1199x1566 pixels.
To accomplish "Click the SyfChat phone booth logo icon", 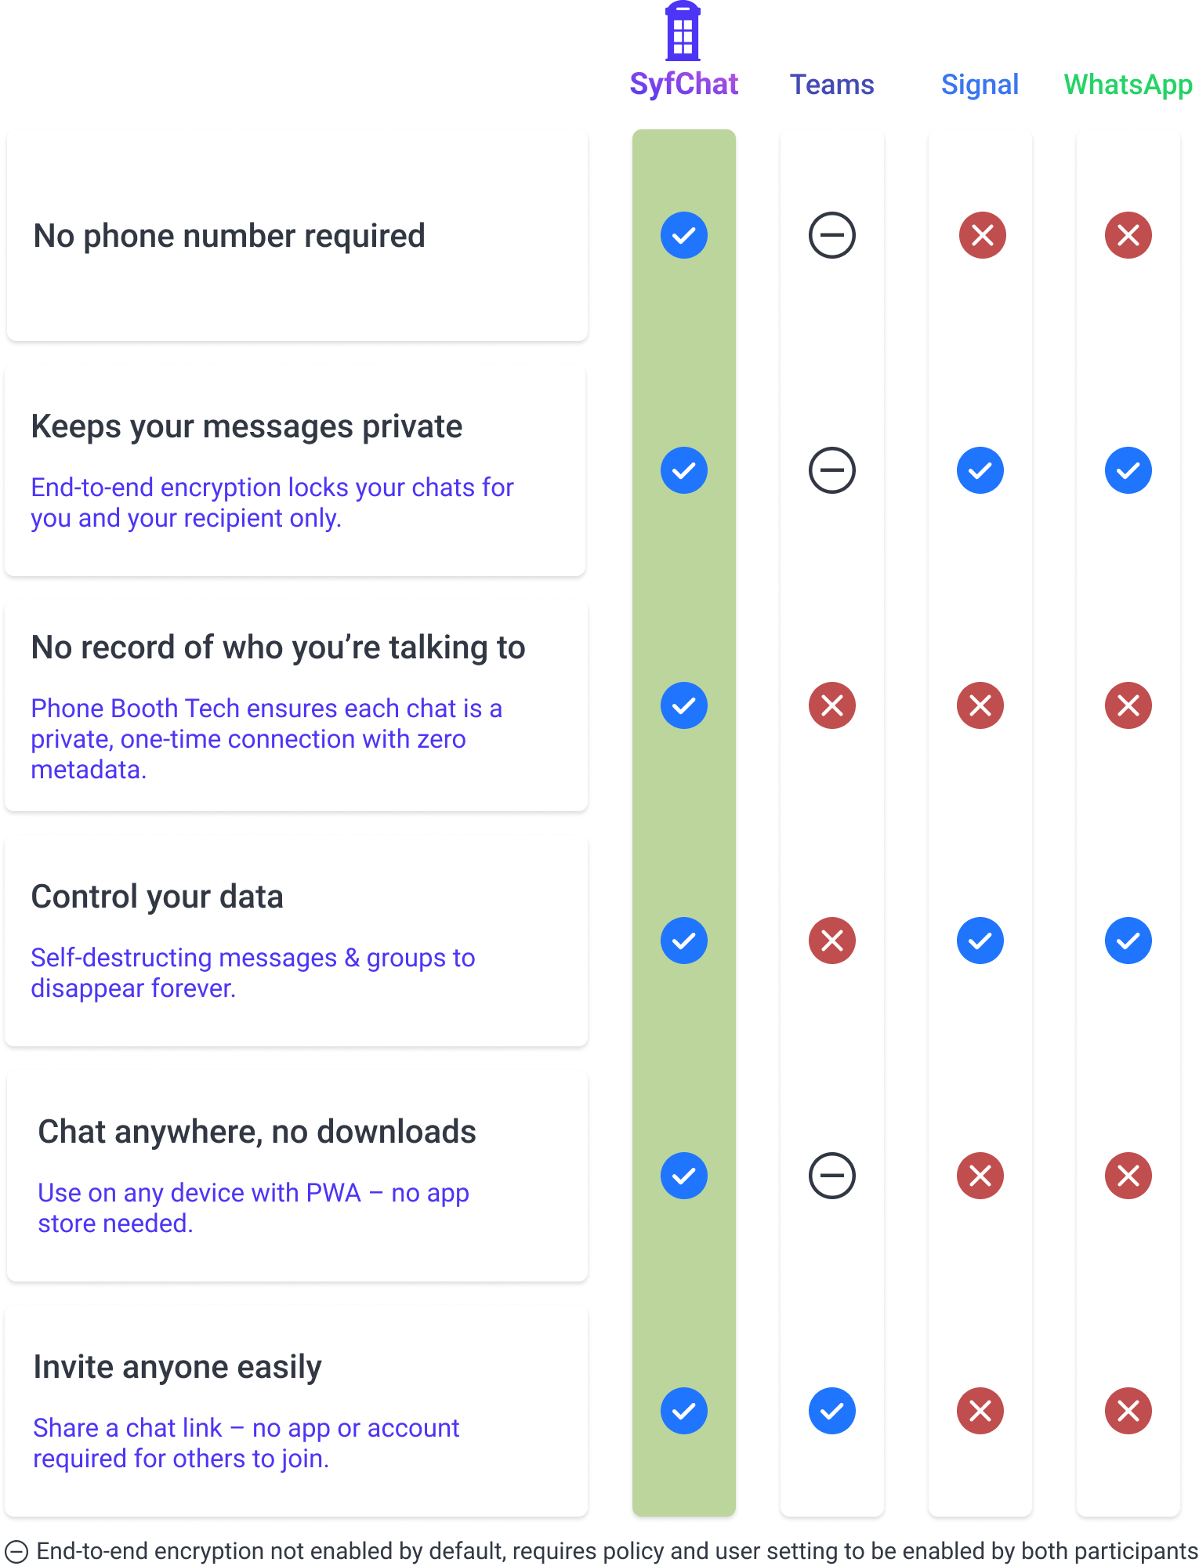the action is point(683,31).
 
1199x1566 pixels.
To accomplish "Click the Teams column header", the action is point(831,84).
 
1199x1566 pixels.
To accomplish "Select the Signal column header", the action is point(980,84).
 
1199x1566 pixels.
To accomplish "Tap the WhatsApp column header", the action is point(1128,84).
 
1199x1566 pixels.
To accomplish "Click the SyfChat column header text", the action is point(683,84).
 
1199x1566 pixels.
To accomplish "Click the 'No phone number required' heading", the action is point(229,235).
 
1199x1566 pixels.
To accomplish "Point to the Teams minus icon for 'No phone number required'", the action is point(831,235).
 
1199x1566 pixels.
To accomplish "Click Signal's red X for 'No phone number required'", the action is point(982,235).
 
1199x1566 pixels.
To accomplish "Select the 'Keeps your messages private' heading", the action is point(246,426).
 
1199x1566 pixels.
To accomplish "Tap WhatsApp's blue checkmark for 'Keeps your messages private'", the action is point(1128,470).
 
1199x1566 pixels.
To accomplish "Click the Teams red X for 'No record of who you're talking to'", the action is point(831,705).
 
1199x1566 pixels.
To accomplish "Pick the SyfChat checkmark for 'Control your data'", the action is point(683,941).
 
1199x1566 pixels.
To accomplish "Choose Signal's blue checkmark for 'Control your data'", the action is point(980,941).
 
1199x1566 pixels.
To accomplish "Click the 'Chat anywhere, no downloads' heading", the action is point(257,1132).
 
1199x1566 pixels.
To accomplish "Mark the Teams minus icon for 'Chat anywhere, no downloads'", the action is point(831,1176).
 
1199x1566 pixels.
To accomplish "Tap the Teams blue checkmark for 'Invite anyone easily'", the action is point(831,1411).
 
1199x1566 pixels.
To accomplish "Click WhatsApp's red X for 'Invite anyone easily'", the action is point(1128,1411).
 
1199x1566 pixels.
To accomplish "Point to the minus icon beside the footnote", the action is point(16,1552).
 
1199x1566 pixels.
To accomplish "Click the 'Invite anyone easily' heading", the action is point(177,1367).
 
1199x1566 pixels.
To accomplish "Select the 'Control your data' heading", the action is point(157,897).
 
